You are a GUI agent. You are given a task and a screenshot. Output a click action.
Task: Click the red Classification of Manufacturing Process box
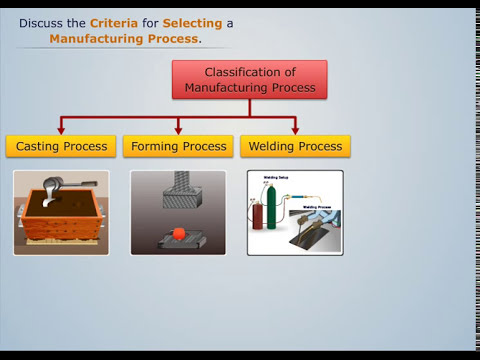249,80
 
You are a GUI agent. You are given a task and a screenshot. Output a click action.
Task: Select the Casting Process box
61,146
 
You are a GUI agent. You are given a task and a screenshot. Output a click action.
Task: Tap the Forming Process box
178,146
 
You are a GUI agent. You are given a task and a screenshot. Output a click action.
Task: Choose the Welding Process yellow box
295,146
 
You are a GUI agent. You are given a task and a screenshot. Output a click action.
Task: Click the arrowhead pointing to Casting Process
61,129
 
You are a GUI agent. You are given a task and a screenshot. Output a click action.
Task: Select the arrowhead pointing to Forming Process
178,129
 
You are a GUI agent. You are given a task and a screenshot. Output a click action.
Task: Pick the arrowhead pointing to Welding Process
295,129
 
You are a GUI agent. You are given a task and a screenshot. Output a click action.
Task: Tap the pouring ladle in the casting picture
50,193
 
